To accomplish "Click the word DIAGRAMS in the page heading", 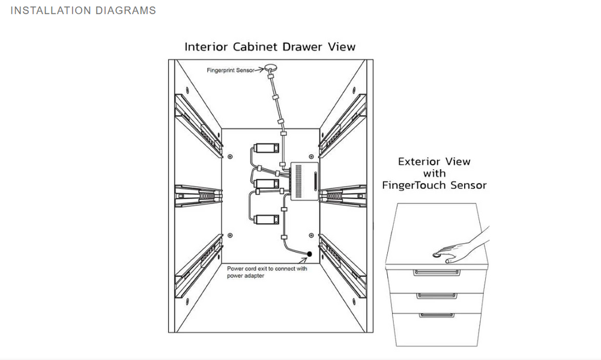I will pyautogui.click(x=125, y=10).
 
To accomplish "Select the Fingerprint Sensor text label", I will pyautogui.click(x=231, y=70).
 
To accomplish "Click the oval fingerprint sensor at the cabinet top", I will pyautogui.click(x=271, y=69).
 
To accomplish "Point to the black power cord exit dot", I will pyautogui.click(x=310, y=254).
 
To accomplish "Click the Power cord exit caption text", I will pyautogui.click(x=267, y=272).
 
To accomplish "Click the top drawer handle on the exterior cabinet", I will pyautogui.click(x=436, y=273).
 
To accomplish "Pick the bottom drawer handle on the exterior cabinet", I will pyautogui.click(x=436, y=314).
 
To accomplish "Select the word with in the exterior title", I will pyautogui.click(x=434, y=173).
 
